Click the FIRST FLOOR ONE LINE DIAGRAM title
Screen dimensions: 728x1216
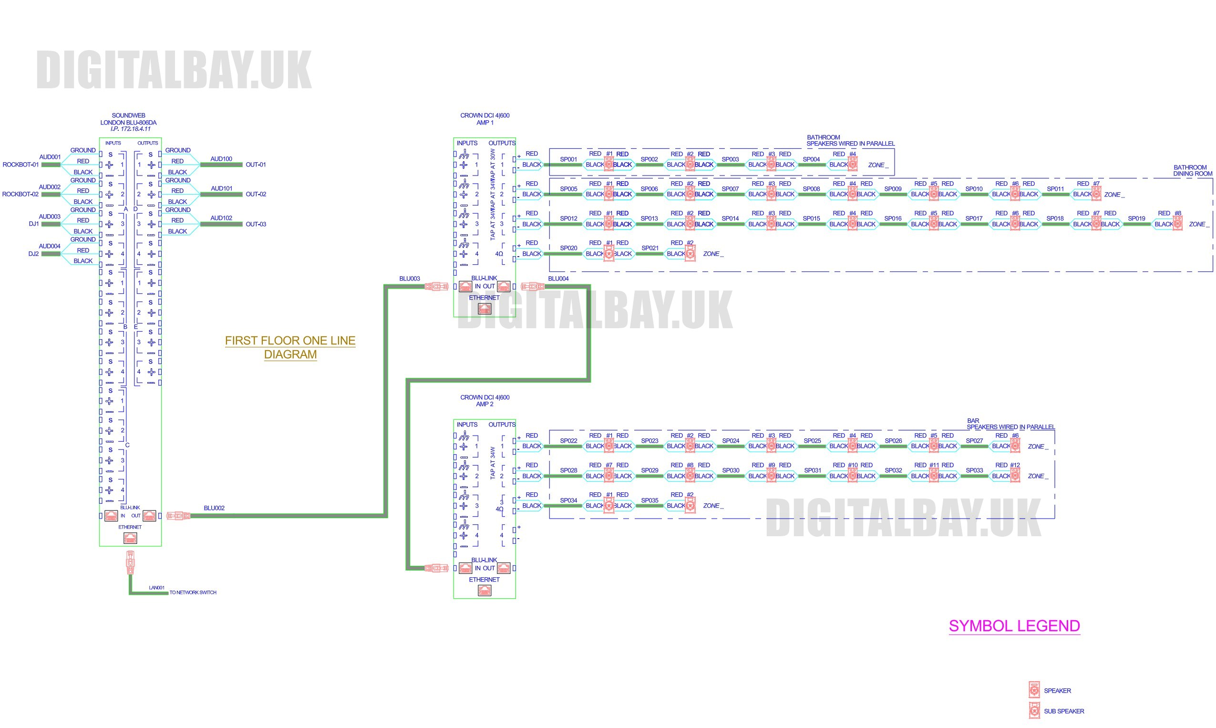tap(290, 347)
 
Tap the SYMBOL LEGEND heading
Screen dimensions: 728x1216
tap(1014, 626)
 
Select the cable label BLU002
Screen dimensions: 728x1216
tap(214, 508)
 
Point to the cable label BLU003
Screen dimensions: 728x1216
tap(410, 279)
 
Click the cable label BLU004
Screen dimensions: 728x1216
tap(558, 279)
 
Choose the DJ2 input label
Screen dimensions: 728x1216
tap(33, 254)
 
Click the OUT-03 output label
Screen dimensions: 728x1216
tap(256, 224)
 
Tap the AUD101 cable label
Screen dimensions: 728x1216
tap(222, 188)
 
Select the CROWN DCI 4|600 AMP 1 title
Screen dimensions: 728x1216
tap(484, 119)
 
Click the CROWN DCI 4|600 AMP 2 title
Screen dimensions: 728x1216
tap(484, 401)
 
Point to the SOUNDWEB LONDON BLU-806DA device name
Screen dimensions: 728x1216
tap(128, 119)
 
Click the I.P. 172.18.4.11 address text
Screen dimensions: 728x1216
tap(131, 129)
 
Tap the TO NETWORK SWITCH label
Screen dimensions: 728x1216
tap(193, 593)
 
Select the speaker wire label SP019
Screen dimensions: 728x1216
tap(1136, 219)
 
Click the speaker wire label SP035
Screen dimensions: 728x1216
tap(649, 500)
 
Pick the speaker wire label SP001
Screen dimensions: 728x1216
tap(568, 159)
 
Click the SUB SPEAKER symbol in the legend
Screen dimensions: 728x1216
tap(1034, 710)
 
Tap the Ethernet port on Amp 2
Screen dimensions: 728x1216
tap(484, 591)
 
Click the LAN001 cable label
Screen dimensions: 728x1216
tap(157, 588)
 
